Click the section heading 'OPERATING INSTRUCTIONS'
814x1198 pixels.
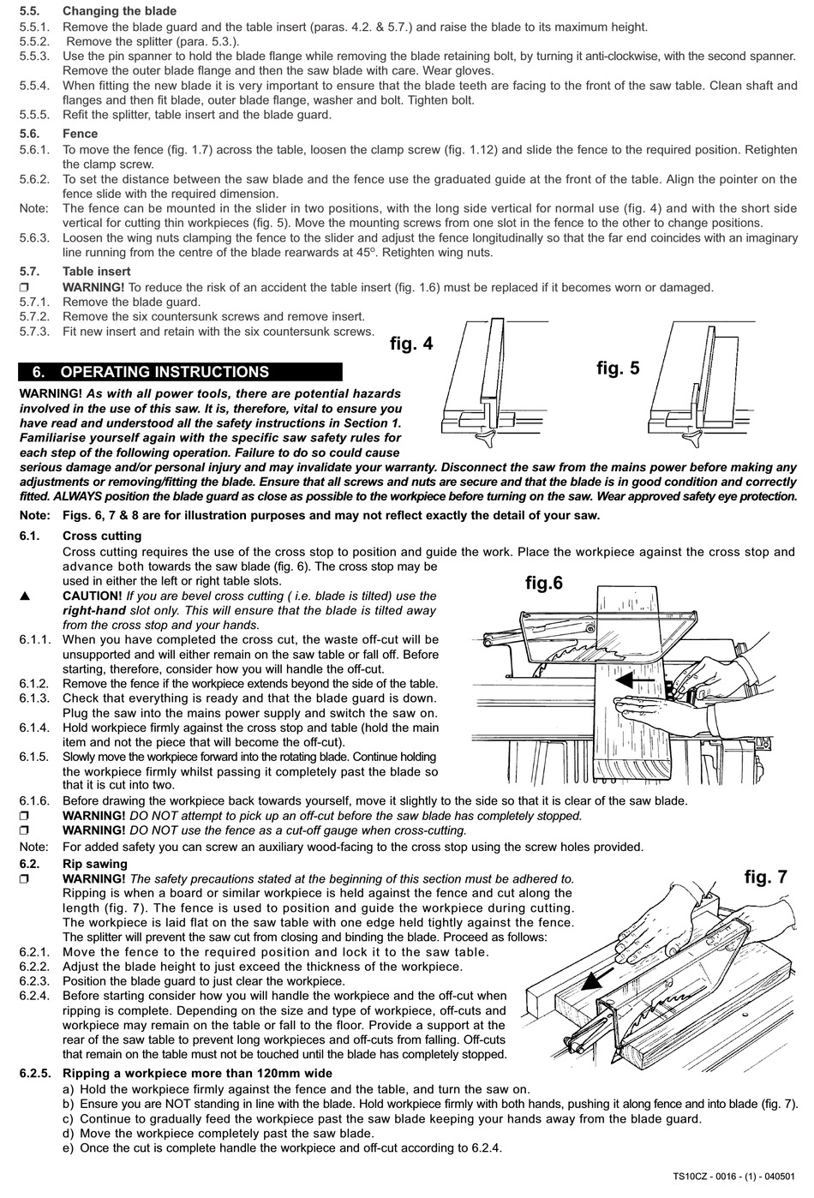(x=165, y=372)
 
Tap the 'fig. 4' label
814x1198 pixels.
(x=411, y=344)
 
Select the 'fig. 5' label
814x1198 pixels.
(x=618, y=368)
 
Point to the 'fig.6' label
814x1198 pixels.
(x=544, y=584)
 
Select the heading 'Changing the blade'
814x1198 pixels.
(x=119, y=11)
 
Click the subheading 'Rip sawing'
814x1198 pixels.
(x=94, y=863)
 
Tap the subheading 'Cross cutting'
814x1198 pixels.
(x=102, y=536)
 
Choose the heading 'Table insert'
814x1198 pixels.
(x=97, y=271)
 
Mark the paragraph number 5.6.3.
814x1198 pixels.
(x=34, y=238)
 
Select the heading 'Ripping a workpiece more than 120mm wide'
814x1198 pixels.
(x=197, y=1073)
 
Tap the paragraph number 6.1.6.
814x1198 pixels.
(x=34, y=800)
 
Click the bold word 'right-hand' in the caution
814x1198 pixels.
(x=93, y=611)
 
